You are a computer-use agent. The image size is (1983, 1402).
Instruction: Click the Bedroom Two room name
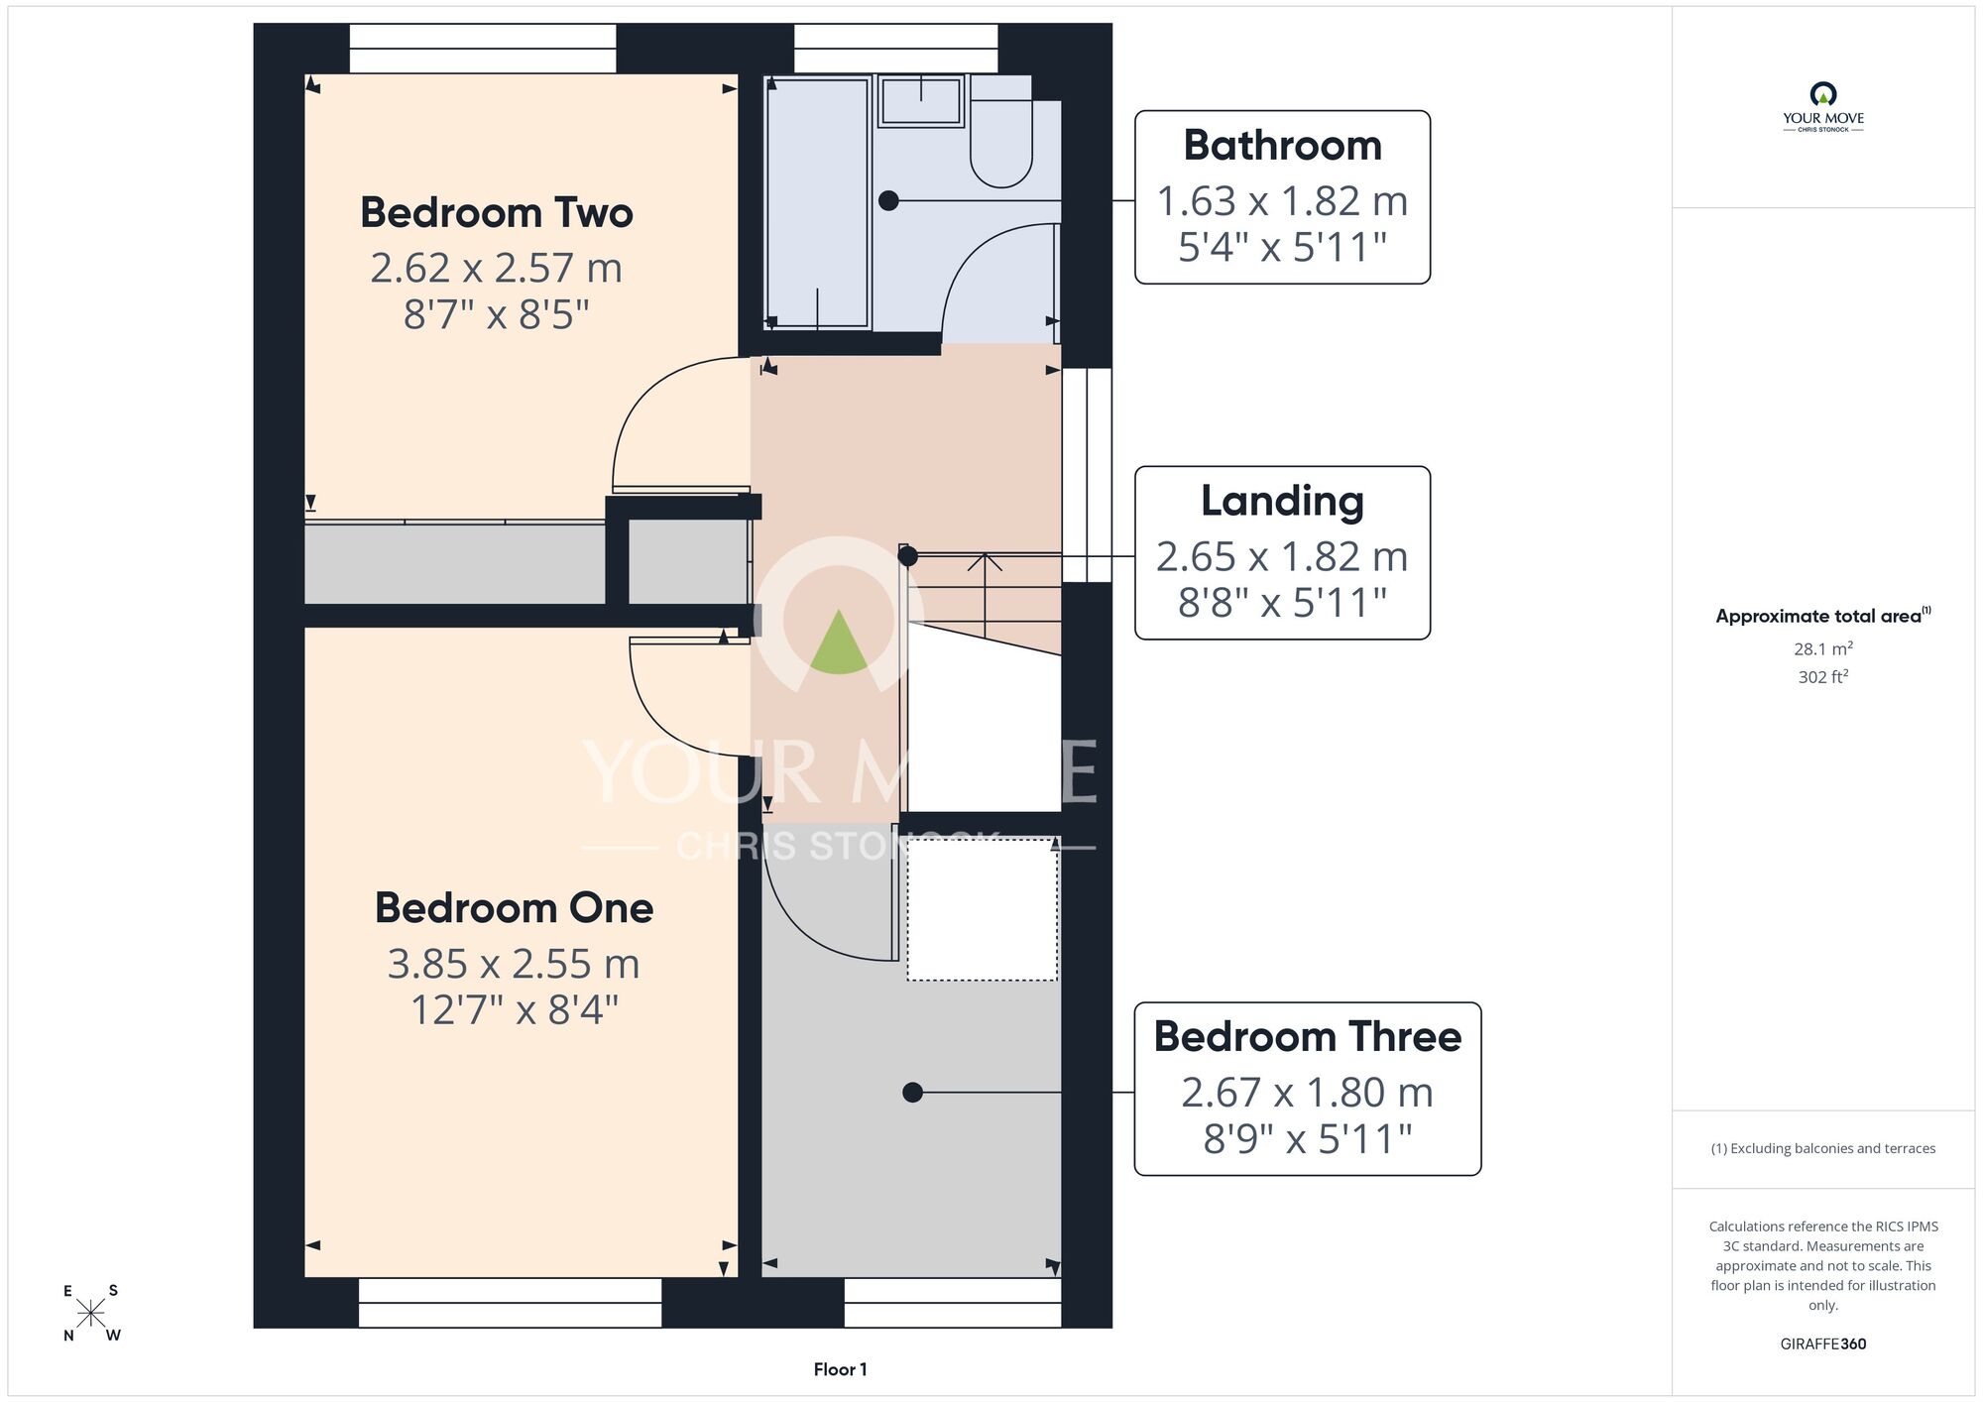pos(496,213)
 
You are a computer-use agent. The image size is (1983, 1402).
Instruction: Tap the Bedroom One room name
pos(514,908)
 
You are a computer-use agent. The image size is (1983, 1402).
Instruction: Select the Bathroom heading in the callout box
pos(1282,146)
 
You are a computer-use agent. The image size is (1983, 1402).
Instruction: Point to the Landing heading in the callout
pos(1282,502)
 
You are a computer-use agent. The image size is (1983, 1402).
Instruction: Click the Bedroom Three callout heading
pos(1307,1037)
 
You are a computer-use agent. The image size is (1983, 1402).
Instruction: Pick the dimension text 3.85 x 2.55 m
pos(514,964)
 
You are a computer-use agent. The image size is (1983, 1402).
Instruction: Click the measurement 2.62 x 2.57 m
pos(496,268)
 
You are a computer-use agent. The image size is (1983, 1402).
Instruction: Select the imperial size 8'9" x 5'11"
pos(1307,1139)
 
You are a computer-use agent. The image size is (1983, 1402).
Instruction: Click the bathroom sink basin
pos(921,101)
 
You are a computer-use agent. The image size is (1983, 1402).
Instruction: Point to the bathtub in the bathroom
pos(817,202)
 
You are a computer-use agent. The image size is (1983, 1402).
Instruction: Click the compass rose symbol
pos(90,1313)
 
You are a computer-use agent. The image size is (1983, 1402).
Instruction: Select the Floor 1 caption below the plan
pos(840,1369)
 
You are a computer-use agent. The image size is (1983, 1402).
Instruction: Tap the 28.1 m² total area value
pos(1822,649)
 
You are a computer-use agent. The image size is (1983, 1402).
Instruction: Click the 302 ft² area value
pos(1822,677)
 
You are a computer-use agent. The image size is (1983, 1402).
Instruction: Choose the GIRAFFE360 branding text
pos(1822,1344)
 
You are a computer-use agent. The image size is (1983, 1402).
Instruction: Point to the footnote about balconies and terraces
pos(1822,1148)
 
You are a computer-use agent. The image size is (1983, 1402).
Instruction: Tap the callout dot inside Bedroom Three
pos(913,1093)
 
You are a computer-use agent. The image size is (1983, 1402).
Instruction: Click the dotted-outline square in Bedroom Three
pos(983,910)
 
